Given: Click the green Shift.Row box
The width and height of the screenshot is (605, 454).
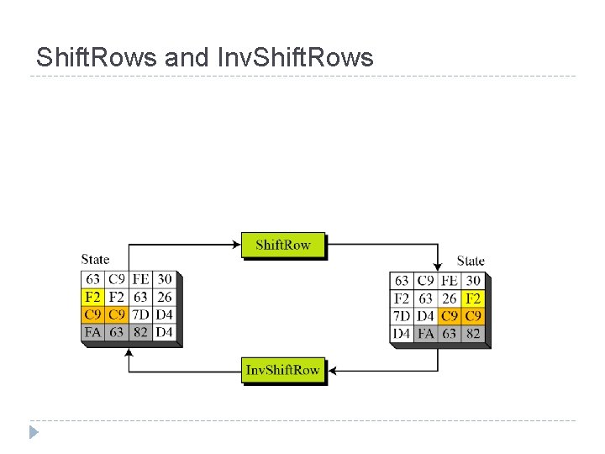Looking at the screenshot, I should [282, 245].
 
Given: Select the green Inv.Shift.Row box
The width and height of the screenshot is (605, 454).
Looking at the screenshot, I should [282, 370].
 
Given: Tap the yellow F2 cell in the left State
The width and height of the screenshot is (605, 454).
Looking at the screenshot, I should [92, 297].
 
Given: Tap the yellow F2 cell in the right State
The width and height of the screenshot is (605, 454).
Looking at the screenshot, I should [473, 298].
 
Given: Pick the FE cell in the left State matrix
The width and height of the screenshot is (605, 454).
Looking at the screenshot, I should [140, 279].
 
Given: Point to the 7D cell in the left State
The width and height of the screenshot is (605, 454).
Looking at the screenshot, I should [140, 314].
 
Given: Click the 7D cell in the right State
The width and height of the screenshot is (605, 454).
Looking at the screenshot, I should [402, 316].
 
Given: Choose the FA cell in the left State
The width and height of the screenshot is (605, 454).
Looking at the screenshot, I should [92, 332].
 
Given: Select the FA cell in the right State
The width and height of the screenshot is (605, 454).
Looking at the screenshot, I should [426, 334].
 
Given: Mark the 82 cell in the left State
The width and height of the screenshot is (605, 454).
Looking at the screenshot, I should [140, 332].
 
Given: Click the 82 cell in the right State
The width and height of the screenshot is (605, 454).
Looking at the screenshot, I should [473, 334].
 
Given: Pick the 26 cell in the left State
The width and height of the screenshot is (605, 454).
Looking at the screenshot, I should [164, 297].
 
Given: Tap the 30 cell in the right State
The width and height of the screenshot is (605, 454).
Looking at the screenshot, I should [473, 281].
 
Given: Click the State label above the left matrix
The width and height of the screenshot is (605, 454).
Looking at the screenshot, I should [95, 260].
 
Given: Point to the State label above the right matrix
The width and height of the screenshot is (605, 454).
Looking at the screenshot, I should [471, 261].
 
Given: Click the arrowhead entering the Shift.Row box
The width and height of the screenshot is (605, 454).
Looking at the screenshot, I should [237, 245].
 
